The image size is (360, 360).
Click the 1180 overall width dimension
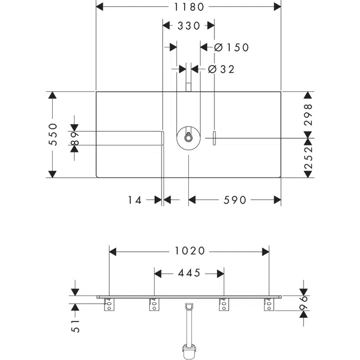coord(189,6)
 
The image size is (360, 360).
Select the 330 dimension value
coord(188,26)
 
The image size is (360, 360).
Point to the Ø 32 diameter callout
coord(220,69)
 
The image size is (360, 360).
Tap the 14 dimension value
coord(135,200)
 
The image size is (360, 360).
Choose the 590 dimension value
coord(235,200)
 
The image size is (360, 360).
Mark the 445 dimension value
coord(189,273)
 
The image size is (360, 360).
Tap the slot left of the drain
coord(162,138)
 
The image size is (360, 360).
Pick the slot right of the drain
coord(214,138)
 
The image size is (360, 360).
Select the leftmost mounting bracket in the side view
coord(109,305)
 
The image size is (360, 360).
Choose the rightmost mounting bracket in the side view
coord(269,305)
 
